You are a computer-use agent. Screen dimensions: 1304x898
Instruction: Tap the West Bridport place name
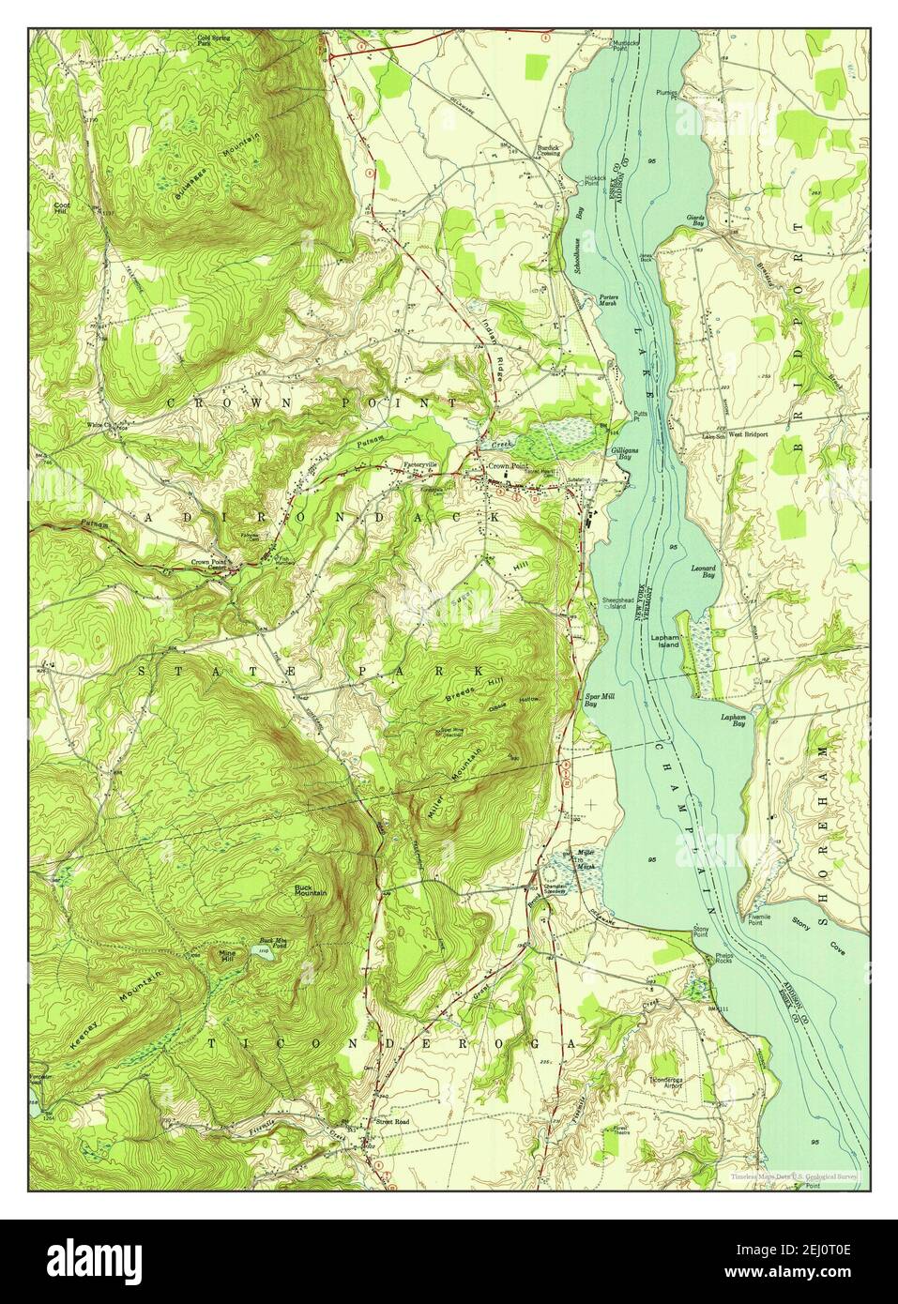(748, 434)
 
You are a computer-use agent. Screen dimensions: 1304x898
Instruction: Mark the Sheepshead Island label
(613, 603)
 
